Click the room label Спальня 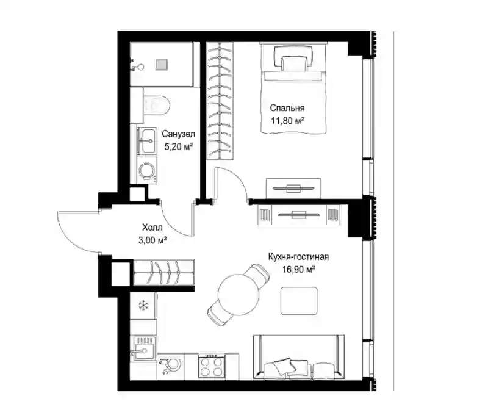tap(287, 108)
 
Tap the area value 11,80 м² tap(287, 121)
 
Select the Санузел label tap(178, 134)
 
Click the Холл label tap(152, 228)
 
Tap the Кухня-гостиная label tap(298, 257)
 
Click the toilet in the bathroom tap(157, 105)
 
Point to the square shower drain tap(162, 65)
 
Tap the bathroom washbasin tap(147, 141)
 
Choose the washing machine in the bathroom tap(147, 170)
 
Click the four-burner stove tap(211, 366)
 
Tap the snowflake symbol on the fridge tap(143, 305)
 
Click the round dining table tap(239, 295)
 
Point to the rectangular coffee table tap(299, 301)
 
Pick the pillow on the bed tap(293, 58)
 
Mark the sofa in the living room tap(299, 357)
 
